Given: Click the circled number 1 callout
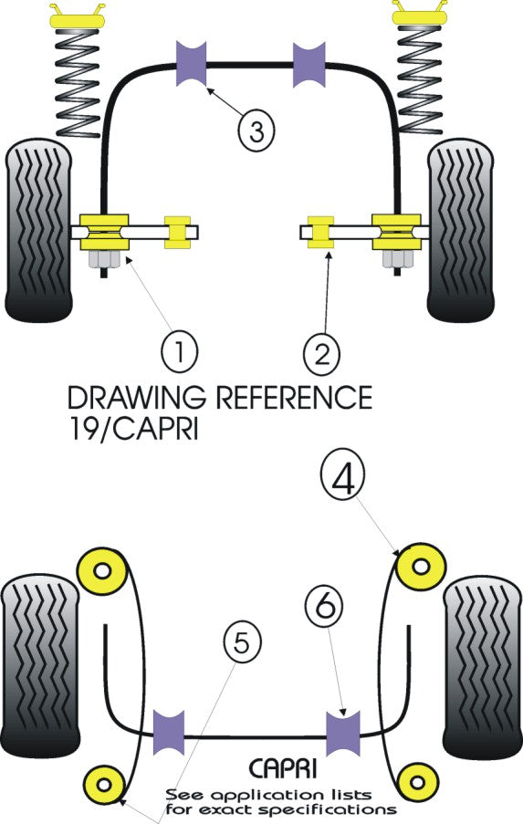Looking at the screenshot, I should tap(179, 350).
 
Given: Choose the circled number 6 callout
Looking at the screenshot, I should tap(325, 606).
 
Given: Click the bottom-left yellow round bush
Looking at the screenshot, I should tap(102, 783).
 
